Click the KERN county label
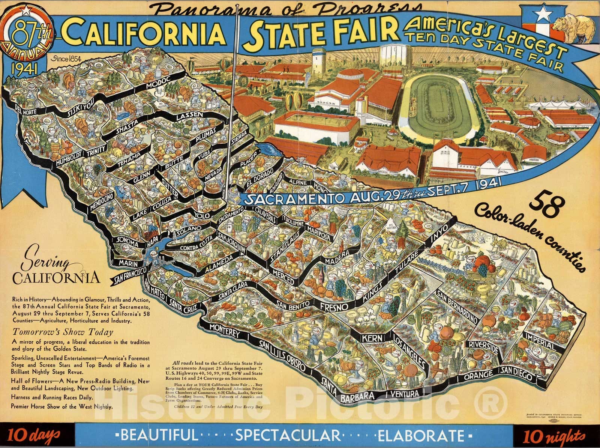point(372,338)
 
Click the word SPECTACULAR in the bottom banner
point(288,435)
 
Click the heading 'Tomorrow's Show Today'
point(63,332)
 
